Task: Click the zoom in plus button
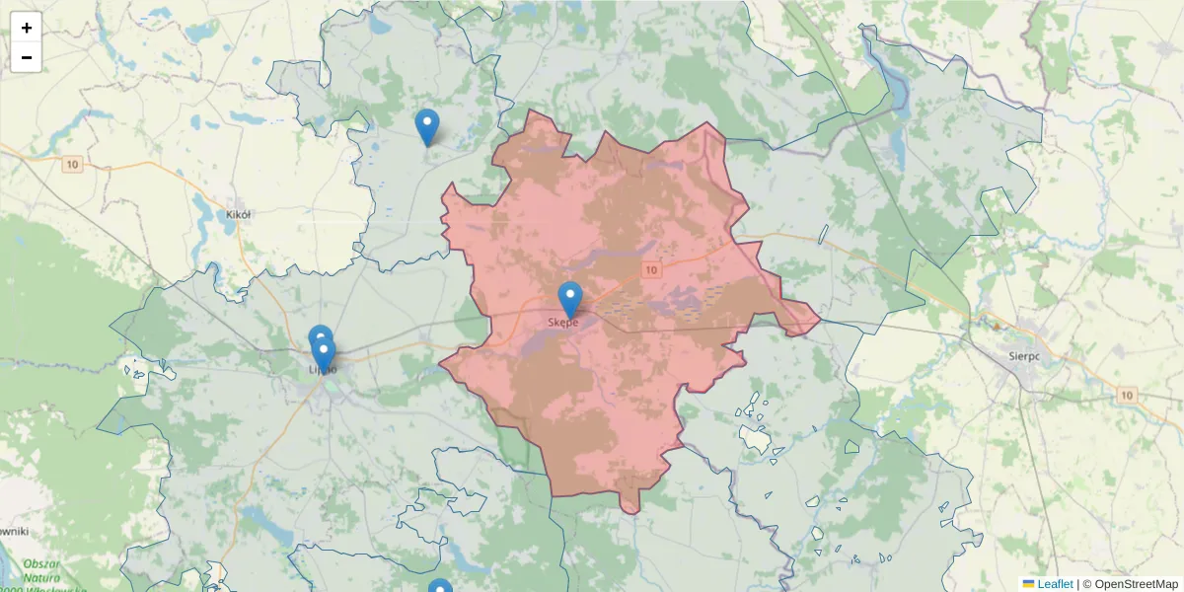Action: point(27,28)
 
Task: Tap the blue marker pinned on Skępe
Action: point(570,299)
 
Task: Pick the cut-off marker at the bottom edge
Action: point(440,586)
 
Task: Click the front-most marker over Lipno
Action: point(323,354)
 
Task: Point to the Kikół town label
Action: point(239,214)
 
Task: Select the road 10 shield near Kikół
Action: point(72,165)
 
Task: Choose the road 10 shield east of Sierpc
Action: point(1128,395)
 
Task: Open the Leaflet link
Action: point(1055,584)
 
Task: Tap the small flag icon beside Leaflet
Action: point(1028,584)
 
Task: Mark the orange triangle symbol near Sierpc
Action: point(997,325)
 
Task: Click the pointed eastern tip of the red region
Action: point(819,319)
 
